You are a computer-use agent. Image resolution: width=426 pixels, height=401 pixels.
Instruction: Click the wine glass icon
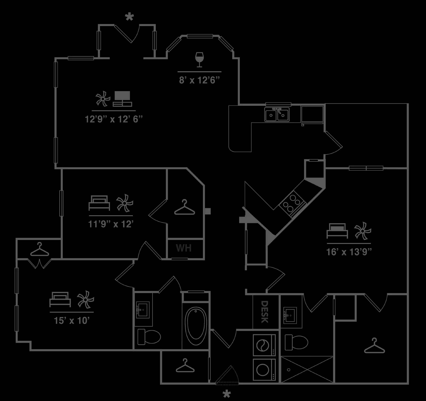(x=199, y=60)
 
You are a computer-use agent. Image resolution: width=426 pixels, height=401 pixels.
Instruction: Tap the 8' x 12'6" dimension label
(x=199, y=80)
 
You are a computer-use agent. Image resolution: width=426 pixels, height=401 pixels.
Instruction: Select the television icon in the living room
(x=122, y=99)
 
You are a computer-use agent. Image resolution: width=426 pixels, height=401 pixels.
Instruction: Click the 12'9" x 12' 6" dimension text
(x=114, y=119)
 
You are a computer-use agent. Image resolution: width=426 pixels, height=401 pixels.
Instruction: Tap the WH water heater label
(x=184, y=248)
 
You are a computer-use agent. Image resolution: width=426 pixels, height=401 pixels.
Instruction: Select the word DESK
(x=264, y=312)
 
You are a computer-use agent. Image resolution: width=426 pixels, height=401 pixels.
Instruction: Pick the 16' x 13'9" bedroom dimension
(x=349, y=252)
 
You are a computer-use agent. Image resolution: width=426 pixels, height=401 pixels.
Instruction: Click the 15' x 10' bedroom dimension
(x=72, y=320)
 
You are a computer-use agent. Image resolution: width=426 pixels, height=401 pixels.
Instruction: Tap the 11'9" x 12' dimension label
(x=110, y=224)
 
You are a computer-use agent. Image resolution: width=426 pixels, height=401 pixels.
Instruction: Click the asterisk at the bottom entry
(x=227, y=394)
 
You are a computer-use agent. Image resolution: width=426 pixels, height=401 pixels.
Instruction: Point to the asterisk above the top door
(x=129, y=18)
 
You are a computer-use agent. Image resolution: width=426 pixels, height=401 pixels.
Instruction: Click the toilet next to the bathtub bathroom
(x=149, y=336)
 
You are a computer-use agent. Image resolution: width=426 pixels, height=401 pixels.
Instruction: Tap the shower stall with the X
(x=307, y=370)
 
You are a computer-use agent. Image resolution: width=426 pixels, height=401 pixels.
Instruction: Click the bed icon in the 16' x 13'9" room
(x=337, y=231)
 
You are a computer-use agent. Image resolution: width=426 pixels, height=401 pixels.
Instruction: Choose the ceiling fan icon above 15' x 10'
(x=85, y=299)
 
